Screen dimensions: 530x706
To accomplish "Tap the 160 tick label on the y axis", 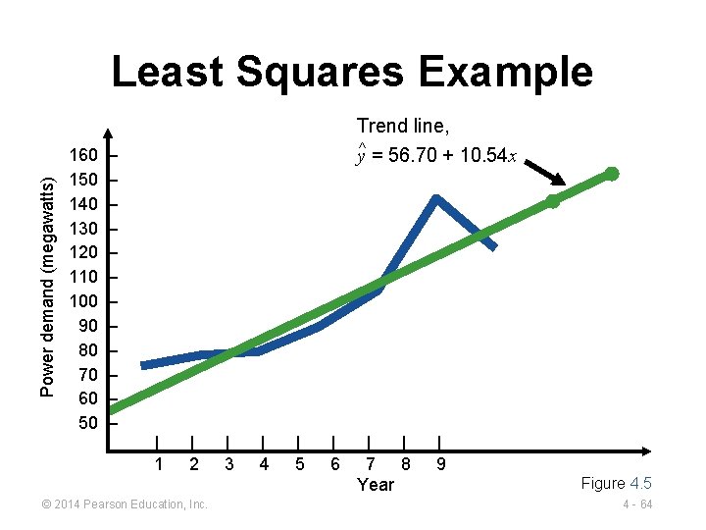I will pos(83,155).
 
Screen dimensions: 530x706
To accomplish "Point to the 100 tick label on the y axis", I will pos(83,301).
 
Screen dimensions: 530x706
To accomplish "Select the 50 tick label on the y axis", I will pos(88,423).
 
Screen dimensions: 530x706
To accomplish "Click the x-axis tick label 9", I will pos(440,463).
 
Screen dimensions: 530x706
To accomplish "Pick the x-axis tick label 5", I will pos(299,463).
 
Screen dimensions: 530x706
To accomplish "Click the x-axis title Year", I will pos(376,484).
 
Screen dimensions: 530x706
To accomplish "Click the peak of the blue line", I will pos(435,198).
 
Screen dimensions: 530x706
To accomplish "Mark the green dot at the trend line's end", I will pos(611,174).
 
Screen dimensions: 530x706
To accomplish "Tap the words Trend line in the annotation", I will pos(403,126).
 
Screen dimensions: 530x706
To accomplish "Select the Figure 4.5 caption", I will pos(616,483).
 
